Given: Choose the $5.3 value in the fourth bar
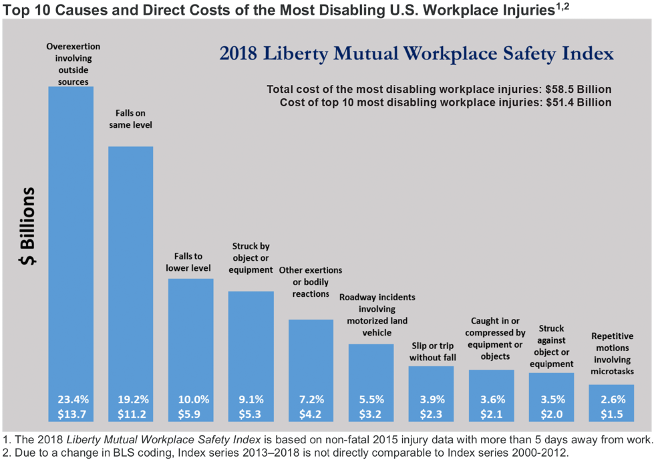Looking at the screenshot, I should tap(251, 414).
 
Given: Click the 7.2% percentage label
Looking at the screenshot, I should tap(311, 399).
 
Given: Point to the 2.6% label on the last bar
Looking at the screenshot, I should tap(612, 399).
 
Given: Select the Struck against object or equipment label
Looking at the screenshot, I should tap(551, 346).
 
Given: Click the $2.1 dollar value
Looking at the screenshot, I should tap(491, 414).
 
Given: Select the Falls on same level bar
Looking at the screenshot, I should tap(131, 267).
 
